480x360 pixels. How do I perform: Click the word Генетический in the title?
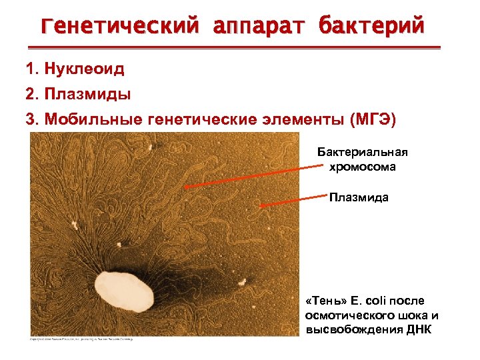(x=119, y=26)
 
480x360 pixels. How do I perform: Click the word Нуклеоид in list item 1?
(x=85, y=68)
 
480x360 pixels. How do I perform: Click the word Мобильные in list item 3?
(x=93, y=119)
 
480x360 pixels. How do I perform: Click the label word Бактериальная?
(x=362, y=153)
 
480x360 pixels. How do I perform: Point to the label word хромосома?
(x=362, y=167)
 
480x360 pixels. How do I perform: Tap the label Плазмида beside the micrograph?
(x=359, y=198)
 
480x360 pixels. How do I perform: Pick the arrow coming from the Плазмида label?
(x=293, y=201)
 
